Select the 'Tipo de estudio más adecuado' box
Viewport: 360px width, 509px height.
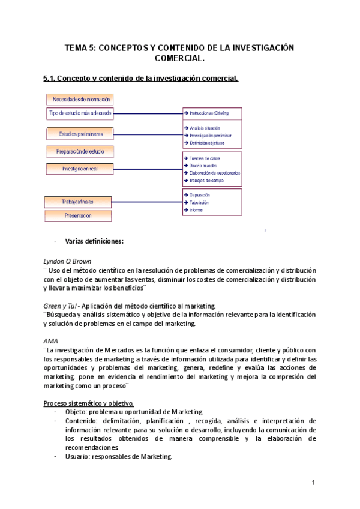[80, 113]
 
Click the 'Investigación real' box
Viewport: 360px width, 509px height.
[80, 169]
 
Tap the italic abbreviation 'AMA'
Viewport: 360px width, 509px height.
[51, 341]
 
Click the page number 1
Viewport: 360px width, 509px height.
[313, 484]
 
